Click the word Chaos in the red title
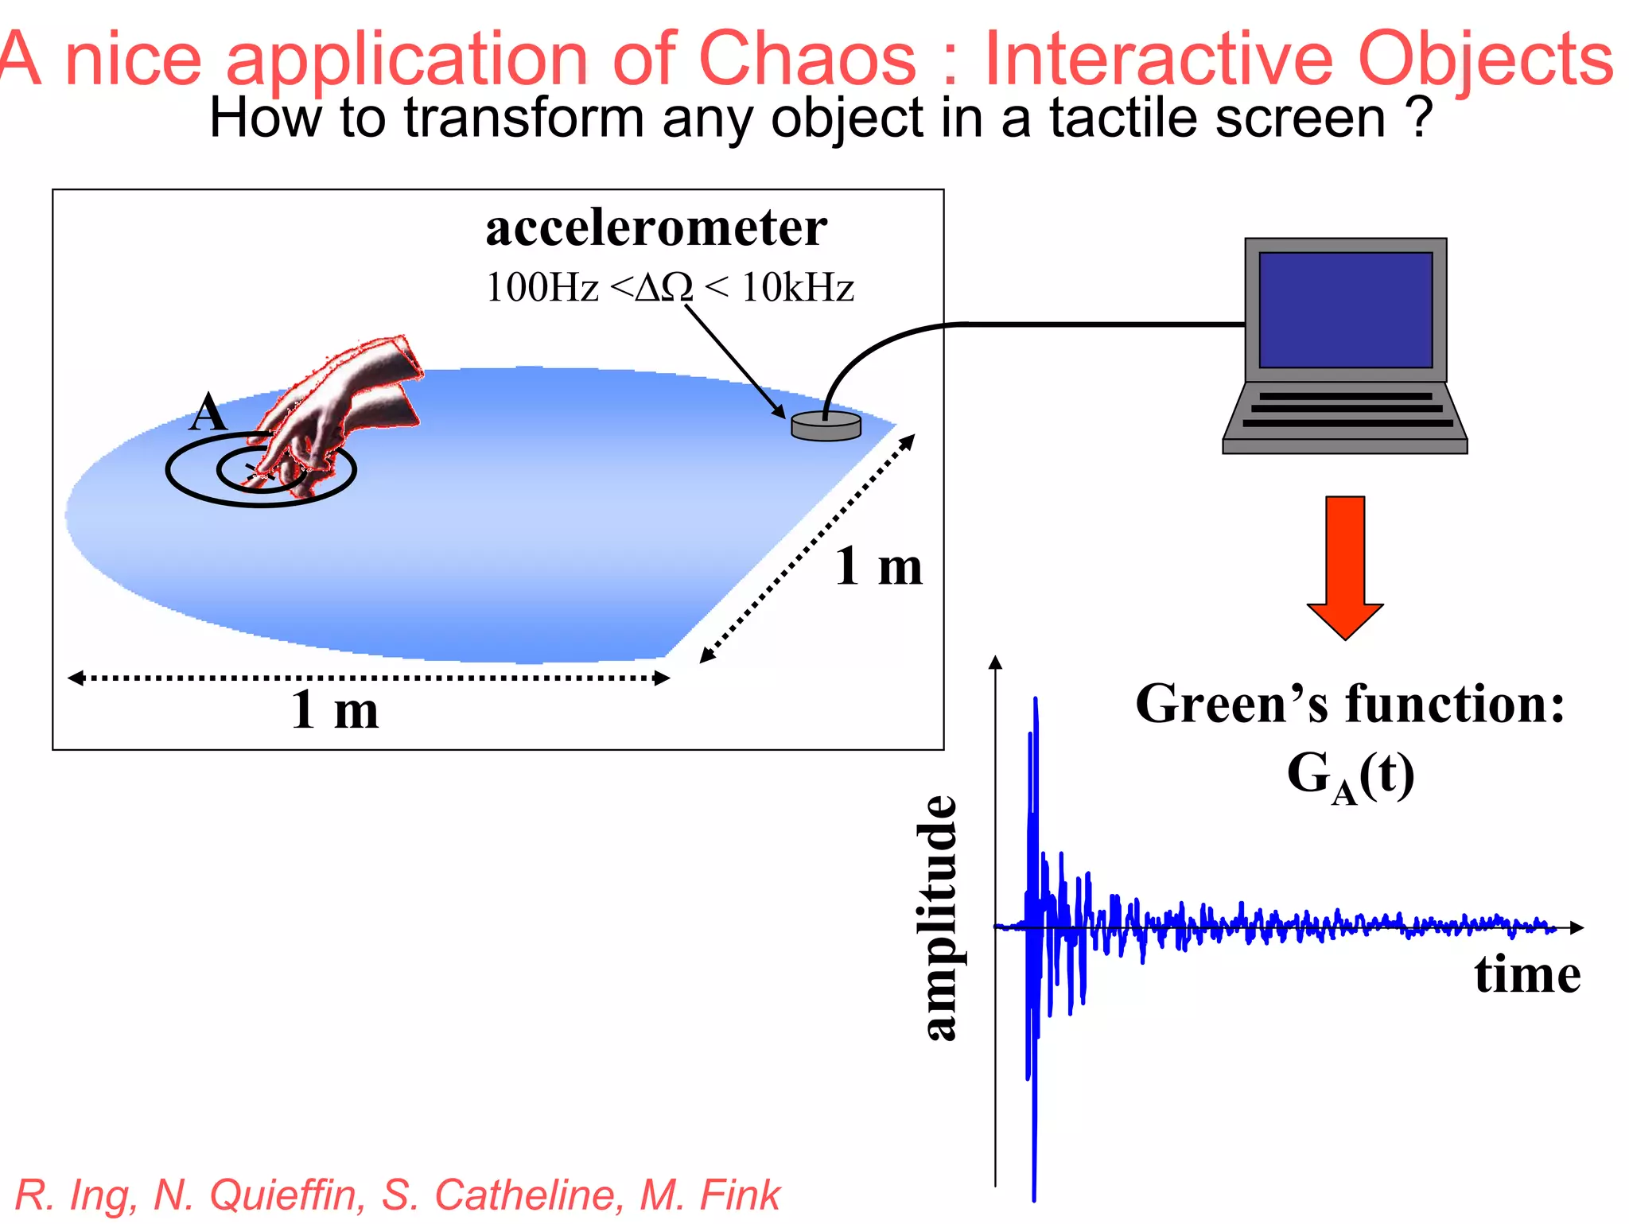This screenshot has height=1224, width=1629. pyautogui.click(x=807, y=59)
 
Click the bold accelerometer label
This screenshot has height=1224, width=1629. pyautogui.click(x=656, y=228)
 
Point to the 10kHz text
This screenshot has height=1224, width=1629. pyautogui.click(x=798, y=288)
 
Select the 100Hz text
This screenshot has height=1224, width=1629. pyautogui.click(x=542, y=288)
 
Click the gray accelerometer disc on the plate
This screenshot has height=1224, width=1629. pyautogui.click(x=826, y=425)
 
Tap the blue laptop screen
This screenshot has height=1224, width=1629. pyautogui.click(x=1345, y=310)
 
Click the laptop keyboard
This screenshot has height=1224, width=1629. pyautogui.click(x=1346, y=410)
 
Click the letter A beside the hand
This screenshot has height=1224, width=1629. pyautogui.click(x=209, y=413)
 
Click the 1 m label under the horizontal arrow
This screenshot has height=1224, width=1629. pyautogui.click(x=335, y=710)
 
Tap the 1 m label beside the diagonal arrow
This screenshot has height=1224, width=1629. pyautogui.click(x=878, y=567)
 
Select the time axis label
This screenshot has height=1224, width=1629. pyautogui.click(x=1526, y=975)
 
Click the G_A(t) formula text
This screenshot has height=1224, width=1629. pyautogui.click(x=1350, y=776)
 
